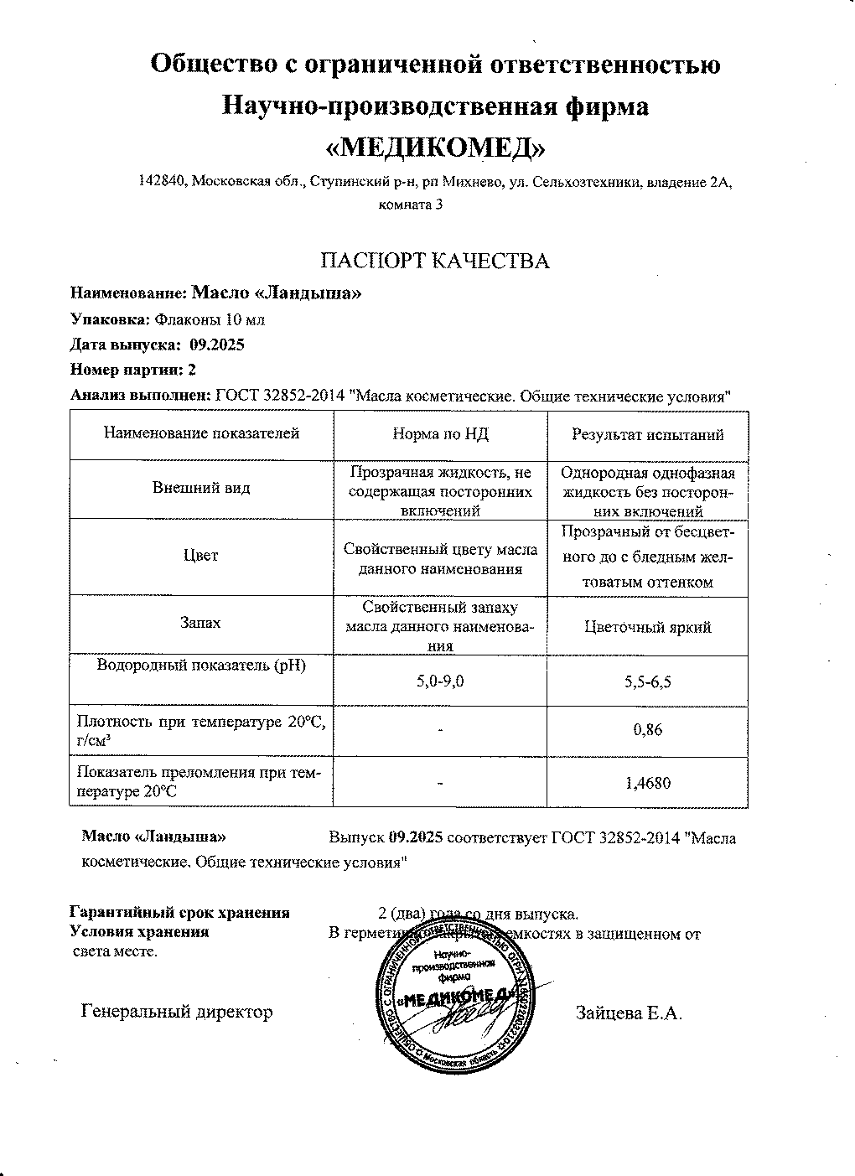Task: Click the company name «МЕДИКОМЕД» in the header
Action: (434, 148)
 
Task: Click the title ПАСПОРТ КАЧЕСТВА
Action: (436, 261)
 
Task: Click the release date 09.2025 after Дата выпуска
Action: (217, 345)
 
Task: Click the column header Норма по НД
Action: (440, 434)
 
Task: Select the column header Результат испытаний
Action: (647, 435)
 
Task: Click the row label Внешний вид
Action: (201, 488)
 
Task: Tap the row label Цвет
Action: (201, 556)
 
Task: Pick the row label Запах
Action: (201, 623)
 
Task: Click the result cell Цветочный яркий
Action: (647, 627)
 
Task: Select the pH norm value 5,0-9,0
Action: (440, 681)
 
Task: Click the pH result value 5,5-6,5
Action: (647, 682)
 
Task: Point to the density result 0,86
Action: (648, 730)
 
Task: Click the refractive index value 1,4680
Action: (648, 784)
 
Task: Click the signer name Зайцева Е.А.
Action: (629, 1013)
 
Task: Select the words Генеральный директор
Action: (177, 1012)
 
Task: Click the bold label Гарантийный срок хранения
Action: (179, 913)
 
